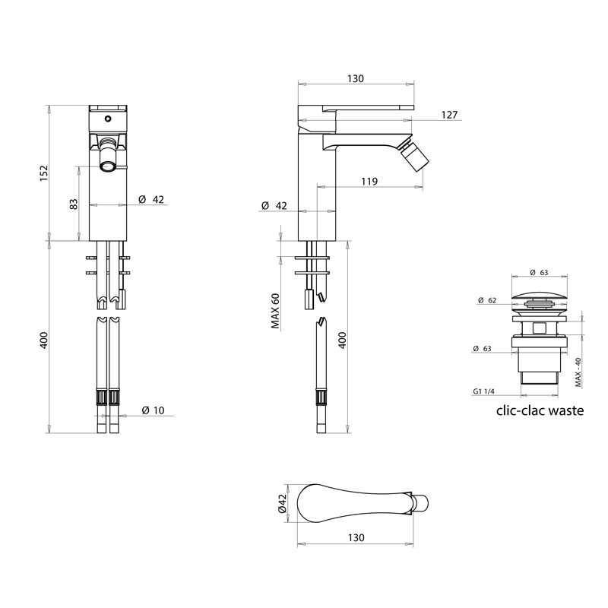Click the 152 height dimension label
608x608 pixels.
44,173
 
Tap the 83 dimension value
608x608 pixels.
73,204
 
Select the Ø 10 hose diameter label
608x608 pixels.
153,410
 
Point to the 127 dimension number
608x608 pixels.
449,115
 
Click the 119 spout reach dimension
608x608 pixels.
369,181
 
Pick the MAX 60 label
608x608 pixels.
276,312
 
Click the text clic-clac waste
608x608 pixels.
540,410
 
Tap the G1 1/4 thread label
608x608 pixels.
483,391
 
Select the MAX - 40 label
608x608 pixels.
578,372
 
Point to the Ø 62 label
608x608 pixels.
487,300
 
